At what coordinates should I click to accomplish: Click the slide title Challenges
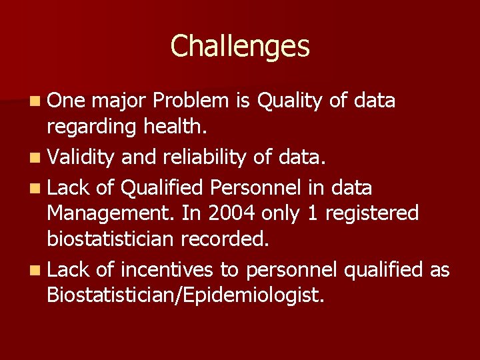click(x=240, y=47)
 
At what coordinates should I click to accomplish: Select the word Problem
click(x=191, y=101)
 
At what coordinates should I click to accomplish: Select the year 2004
click(x=227, y=214)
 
